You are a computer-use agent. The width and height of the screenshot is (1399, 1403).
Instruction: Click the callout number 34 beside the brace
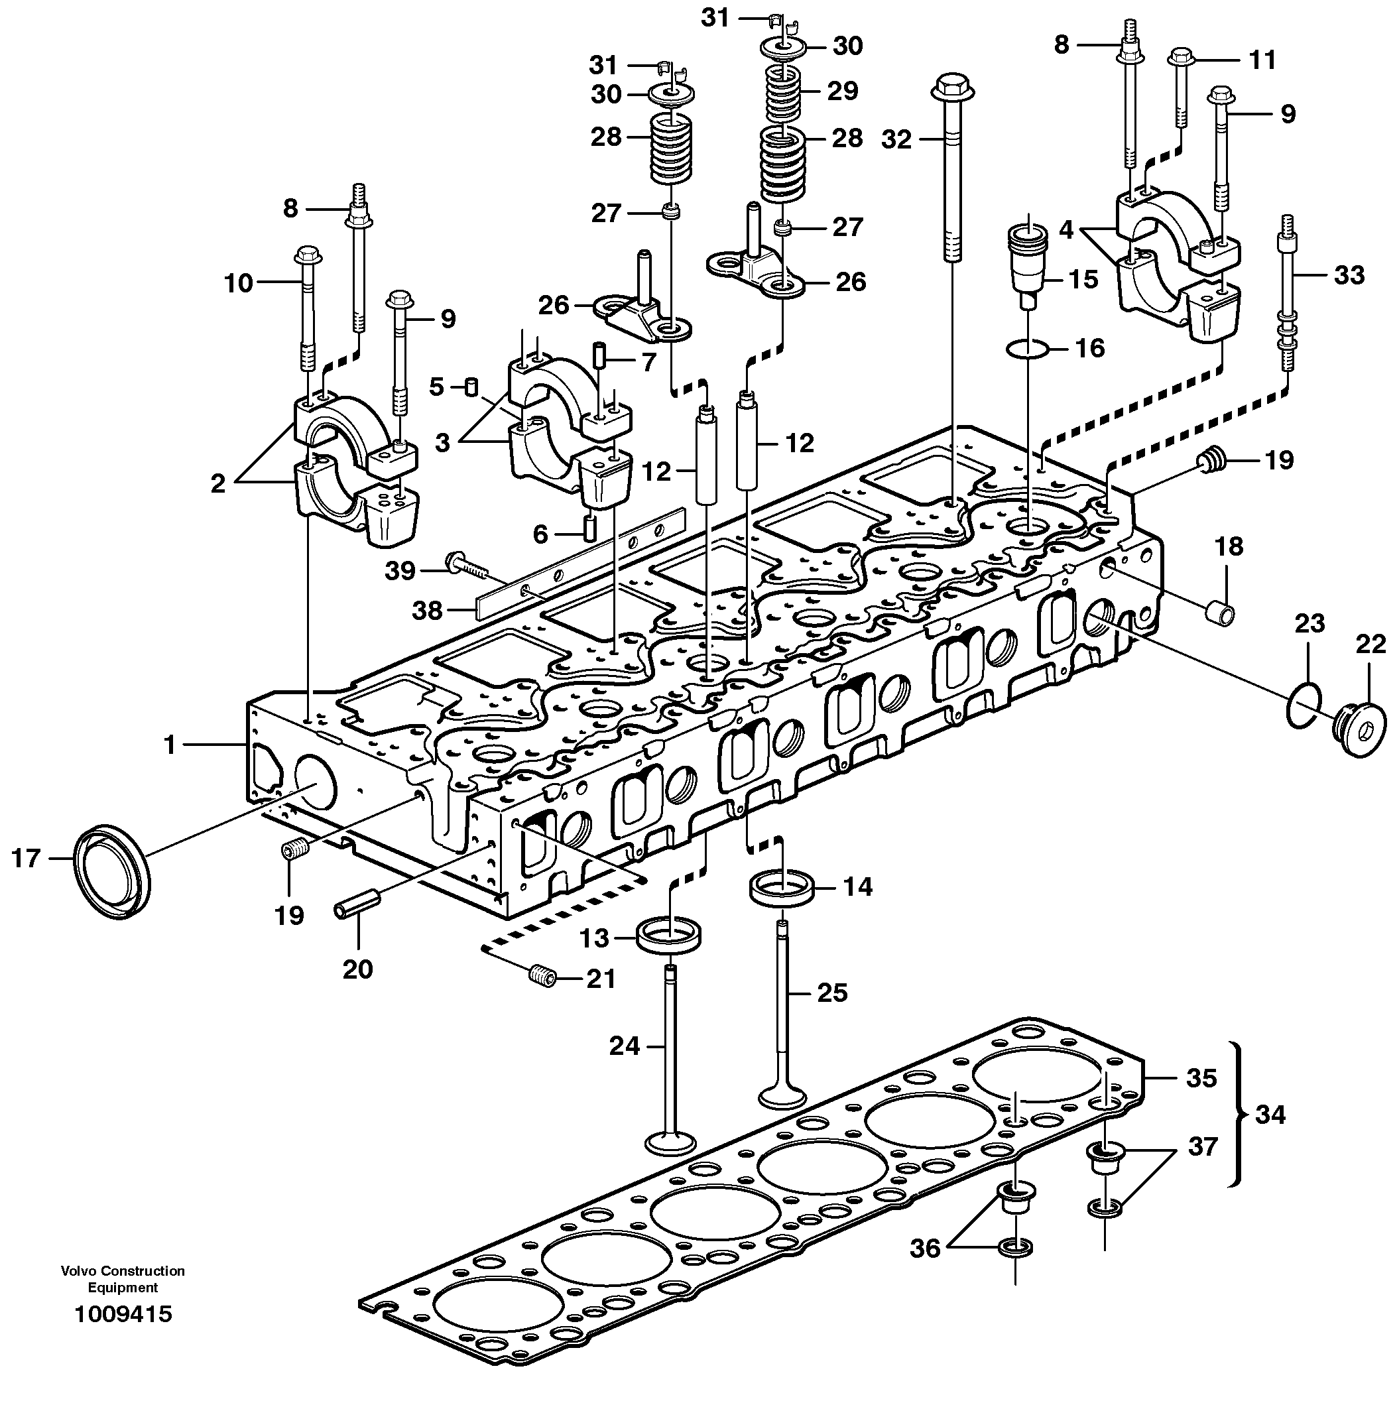(x=1270, y=1114)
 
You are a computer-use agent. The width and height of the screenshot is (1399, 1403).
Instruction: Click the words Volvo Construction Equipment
(x=123, y=1279)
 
